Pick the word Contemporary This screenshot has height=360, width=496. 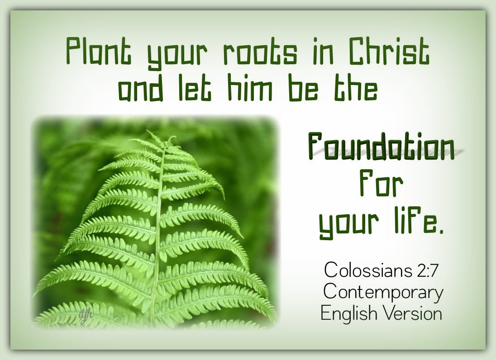click(x=383, y=292)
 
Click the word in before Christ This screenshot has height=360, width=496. click(x=323, y=51)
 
